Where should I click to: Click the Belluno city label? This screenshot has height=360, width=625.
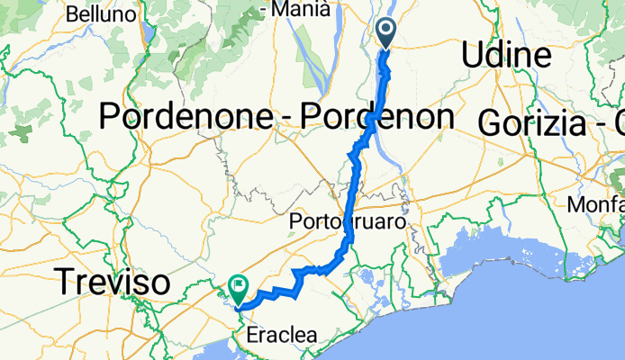pyautogui.click(x=101, y=14)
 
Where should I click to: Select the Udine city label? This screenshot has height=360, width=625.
pyautogui.click(x=505, y=56)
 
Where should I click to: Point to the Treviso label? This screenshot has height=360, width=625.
pyautogui.click(x=113, y=283)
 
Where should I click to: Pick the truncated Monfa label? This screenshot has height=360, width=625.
pyautogui.click(x=596, y=204)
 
